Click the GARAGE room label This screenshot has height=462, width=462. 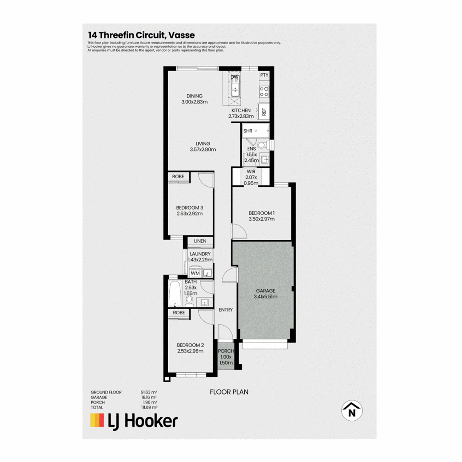[x=265, y=291]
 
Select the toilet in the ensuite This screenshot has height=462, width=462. [x=263, y=145]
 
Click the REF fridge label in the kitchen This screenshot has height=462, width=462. [x=264, y=112]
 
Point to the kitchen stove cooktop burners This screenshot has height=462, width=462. [x=264, y=92]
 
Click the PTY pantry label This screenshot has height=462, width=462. [x=264, y=75]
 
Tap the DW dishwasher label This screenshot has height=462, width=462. [x=234, y=77]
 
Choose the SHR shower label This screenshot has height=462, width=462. [x=248, y=131]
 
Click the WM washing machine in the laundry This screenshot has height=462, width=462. [x=195, y=273]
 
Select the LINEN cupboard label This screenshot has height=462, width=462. [x=200, y=241]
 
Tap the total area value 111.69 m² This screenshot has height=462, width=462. [x=149, y=407]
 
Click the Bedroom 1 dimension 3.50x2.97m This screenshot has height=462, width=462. [x=261, y=219]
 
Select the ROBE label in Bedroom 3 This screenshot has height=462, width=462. [x=178, y=176]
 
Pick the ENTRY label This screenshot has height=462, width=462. [x=226, y=310]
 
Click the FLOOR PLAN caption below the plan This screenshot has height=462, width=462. [x=229, y=392]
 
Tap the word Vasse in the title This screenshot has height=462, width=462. [x=181, y=35]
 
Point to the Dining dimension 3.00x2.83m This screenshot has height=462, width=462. [x=194, y=102]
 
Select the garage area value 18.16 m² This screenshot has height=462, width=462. [x=149, y=397]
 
